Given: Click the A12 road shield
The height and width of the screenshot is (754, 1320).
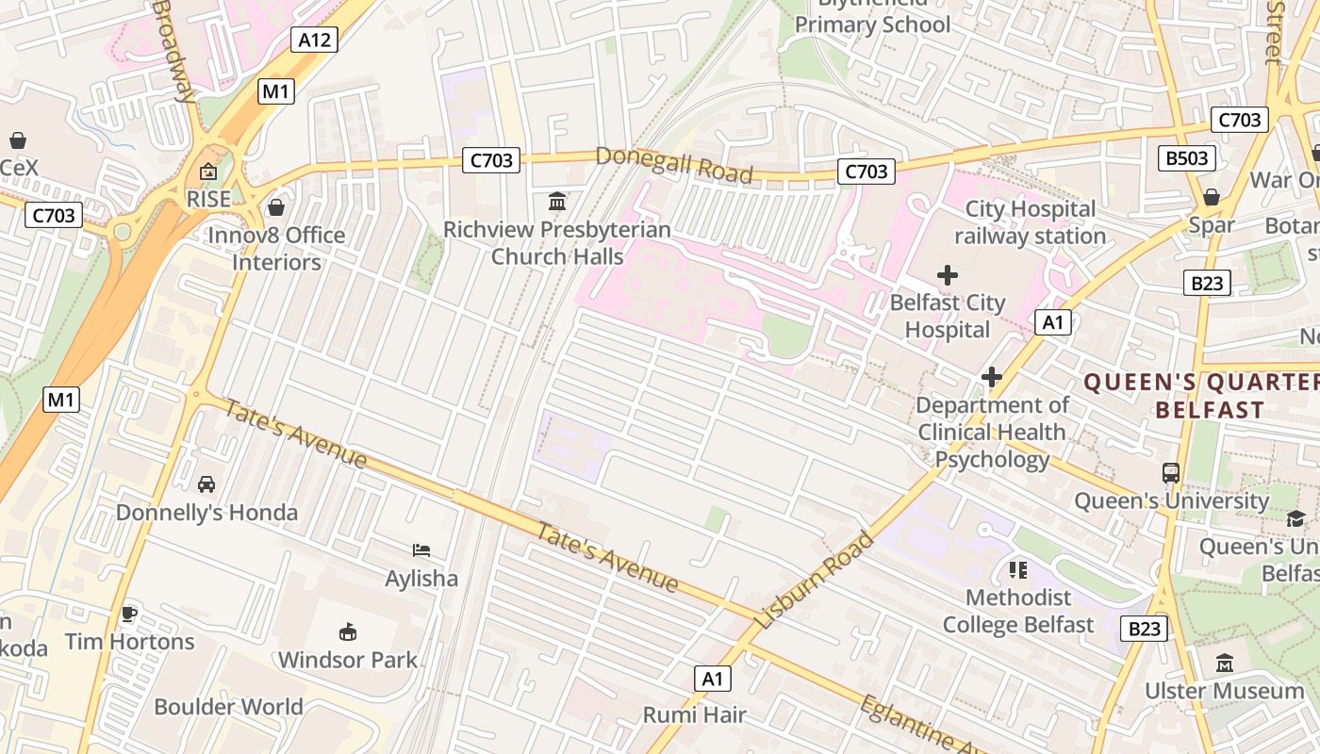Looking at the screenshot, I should pyautogui.click(x=314, y=40).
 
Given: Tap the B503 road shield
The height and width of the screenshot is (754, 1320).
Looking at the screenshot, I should pyautogui.click(x=1186, y=157).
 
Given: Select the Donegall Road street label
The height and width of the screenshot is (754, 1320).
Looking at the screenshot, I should pyautogui.click(x=674, y=165).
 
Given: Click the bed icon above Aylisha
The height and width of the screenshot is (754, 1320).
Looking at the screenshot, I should pyautogui.click(x=421, y=550).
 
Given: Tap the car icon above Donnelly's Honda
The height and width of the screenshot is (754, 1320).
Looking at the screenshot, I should pyautogui.click(x=206, y=484).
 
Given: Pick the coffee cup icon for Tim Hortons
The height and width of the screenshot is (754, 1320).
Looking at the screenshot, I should pyautogui.click(x=129, y=614).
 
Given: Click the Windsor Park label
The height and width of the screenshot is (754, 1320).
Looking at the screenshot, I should pyautogui.click(x=347, y=660).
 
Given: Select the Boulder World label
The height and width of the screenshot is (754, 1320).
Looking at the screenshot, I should pyautogui.click(x=228, y=707).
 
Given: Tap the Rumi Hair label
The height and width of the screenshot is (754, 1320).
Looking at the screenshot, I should pyautogui.click(x=694, y=714).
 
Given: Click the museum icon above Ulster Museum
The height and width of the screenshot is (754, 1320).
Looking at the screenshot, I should pyautogui.click(x=1225, y=663).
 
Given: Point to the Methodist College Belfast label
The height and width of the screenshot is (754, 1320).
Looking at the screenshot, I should pyautogui.click(x=1018, y=611).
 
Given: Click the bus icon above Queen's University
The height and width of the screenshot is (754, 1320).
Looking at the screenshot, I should pyautogui.click(x=1171, y=473).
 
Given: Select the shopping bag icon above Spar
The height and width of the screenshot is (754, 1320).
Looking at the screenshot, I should pyautogui.click(x=1212, y=197).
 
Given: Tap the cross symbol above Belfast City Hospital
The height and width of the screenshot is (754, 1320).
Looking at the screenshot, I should pyautogui.click(x=948, y=275).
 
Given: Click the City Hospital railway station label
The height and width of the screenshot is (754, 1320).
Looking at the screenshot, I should pyautogui.click(x=1030, y=222).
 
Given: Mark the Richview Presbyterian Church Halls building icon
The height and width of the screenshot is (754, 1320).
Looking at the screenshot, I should pyautogui.click(x=557, y=202).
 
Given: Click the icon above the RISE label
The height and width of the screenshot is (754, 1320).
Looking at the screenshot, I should pyautogui.click(x=208, y=172).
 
